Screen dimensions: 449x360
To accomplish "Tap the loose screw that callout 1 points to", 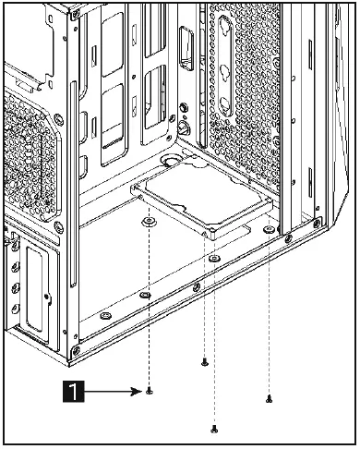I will click(149, 392).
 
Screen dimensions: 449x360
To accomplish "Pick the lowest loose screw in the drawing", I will click(214, 427).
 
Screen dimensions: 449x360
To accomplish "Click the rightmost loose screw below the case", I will click(269, 399).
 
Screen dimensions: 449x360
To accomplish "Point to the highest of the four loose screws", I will click(203, 362).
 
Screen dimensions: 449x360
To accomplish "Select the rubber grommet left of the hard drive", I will click(148, 223).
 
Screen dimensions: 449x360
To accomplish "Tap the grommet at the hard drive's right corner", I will click(268, 227).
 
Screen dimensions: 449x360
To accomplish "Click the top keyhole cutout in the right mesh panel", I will click(224, 26).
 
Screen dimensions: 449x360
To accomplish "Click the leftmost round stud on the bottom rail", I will click(105, 314).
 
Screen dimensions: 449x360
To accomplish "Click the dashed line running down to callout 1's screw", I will click(149, 305).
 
